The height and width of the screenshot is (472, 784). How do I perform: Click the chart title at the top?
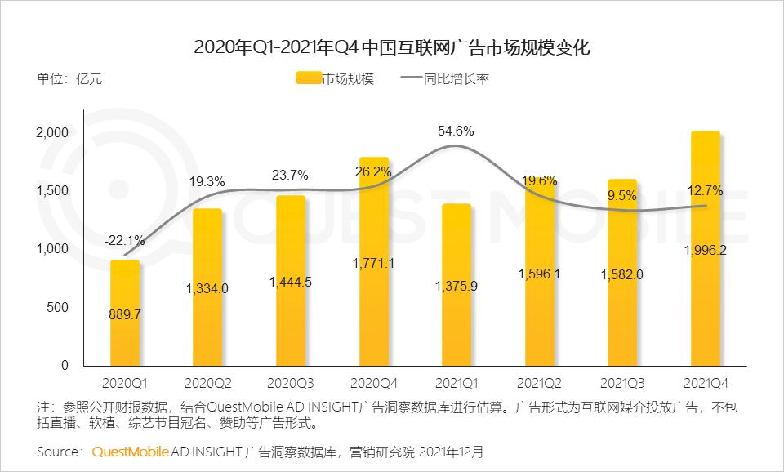392,47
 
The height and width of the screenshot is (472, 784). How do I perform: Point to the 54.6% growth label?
457,131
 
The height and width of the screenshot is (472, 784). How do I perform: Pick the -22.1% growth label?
125,240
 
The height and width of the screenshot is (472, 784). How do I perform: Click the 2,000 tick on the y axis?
54,132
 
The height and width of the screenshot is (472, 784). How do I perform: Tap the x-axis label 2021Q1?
457,382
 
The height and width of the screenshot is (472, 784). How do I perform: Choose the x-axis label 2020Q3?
291,382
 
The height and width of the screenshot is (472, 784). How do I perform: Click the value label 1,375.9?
457,287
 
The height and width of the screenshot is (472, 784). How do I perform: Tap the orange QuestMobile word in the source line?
131,451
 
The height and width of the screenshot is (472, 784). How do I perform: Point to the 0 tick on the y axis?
65,366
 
